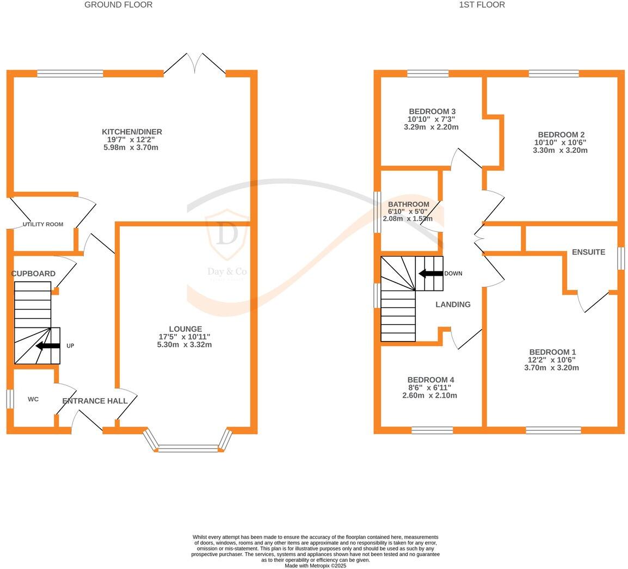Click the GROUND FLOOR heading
click(x=118, y=5)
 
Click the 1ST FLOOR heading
click(x=482, y=5)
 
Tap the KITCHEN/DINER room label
click(x=132, y=132)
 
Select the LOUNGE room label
click(x=185, y=329)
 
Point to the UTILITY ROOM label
click(x=43, y=225)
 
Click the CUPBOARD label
click(x=33, y=274)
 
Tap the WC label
click(x=33, y=399)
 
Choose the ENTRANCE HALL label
click(x=95, y=401)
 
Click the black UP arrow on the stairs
click(x=48, y=346)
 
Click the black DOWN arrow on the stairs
click(x=430, y=274)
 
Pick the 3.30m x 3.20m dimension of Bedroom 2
click(x=560, y=151)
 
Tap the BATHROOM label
click(x=408, y=205)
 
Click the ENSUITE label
click(x=588, y=252)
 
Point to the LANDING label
click(x=453, y=305)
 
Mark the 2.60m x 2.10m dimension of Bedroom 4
click(x=429, y=395)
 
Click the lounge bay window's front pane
click(x=188, y=448)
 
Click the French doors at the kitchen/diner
click(x=195, y=64)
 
